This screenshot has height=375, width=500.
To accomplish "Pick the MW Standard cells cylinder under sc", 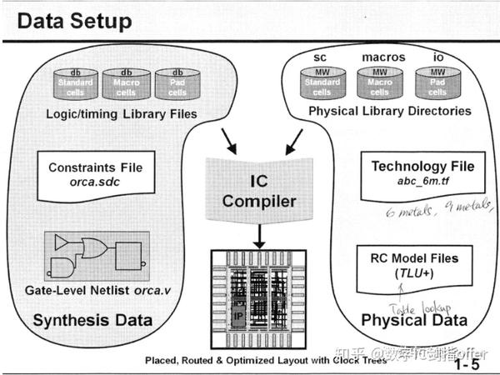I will tap(321, 84).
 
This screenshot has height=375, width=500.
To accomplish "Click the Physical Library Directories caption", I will tap(390, 111).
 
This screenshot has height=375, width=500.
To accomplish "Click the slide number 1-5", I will tap(472, 364).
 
